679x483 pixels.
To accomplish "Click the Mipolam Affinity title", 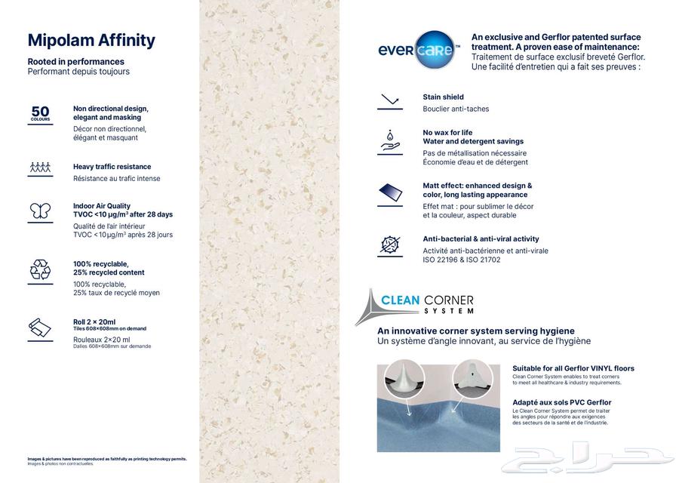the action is (x=91, y=40).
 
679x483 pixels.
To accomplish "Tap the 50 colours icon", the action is (x=40, y=113).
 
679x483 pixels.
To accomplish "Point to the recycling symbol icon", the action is (x=40, y=269).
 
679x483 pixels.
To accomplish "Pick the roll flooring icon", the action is (x=40, y=328).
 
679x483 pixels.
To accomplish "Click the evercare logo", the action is (x=419, y=50).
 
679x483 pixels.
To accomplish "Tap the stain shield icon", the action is (x=390, y=101).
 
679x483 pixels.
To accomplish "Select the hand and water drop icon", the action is (x=390, y=141).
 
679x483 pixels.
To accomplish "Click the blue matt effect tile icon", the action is (x=390, y=193).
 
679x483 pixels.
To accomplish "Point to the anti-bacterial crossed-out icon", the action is (x=390, y=246).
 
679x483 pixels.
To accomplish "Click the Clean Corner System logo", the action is (x=415, y=305).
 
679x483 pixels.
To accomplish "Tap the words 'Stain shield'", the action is (x=443, y=97).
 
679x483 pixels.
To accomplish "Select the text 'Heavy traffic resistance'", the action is (x=112, y=167).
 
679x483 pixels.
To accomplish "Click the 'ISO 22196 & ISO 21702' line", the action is (x=462, y=260).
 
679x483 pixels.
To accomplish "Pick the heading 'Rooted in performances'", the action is (x=75, y=61).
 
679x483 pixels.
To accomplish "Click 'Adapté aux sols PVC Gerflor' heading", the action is (x=561, y=402).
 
